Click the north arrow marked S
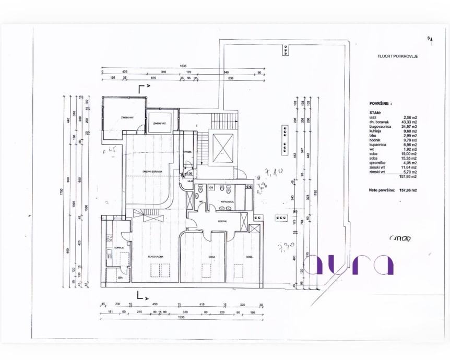click(x=429, y=38)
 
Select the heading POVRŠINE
click(x=380, y=104)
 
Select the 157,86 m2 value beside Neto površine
click(x=409, y=190)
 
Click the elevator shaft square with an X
click(x=223, y=148)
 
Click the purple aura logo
click(x=348, y=265)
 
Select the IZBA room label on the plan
click(x=120, y=278)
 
